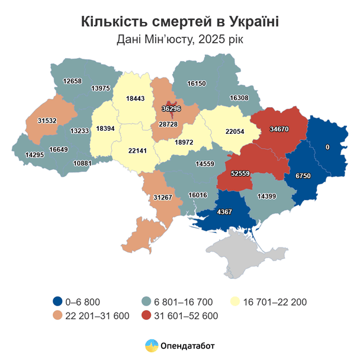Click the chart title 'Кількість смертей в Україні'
pyautogui.click(x=179, y=22)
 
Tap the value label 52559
pyautogui.click(x=241, y=173)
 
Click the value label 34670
pyautogui.click(x=279, y=128)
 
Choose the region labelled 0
pyautogui.click(x=327, y=147)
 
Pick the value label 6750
pyautogui.click(x=303, y=176)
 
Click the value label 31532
pyautogui.click(x=48, y=121)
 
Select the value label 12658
pyautogui.click(x=73, y=81)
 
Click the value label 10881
pyautogui.click(x=83, y=163)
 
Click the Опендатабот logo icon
pyautogui.click(x=152, y=345)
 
